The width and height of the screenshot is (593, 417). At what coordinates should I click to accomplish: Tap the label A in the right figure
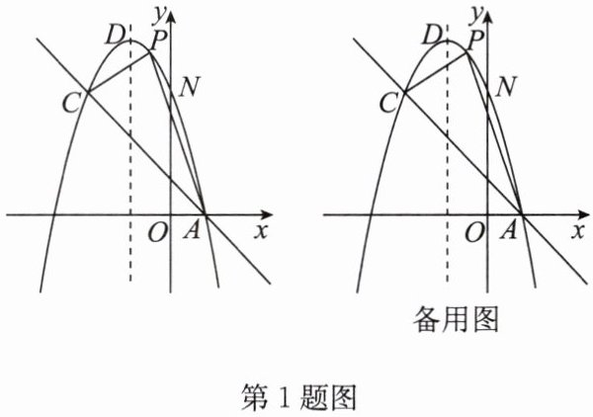point(510,231)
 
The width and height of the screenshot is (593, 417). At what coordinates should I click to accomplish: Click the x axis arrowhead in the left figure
point(268,213)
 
